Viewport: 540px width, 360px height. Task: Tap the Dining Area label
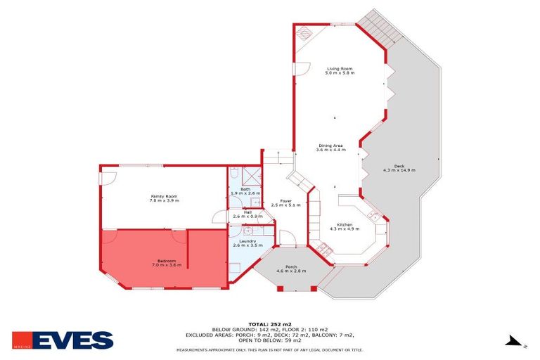[x=330, y=146]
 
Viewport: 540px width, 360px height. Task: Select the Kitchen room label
[x=345, y=224]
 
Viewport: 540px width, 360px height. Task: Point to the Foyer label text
[x=286, y=201]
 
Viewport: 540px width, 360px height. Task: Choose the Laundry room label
[x=247, y=241]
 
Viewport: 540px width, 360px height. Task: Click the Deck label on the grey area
[x=399, y=166]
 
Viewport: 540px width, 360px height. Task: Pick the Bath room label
[x=245, y=189]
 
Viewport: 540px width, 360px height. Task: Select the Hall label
[x=247, y=211]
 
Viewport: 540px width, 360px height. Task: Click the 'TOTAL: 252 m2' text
[x=269, y=324]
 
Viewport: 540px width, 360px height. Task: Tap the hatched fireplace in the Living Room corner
[x=305, y=33]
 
